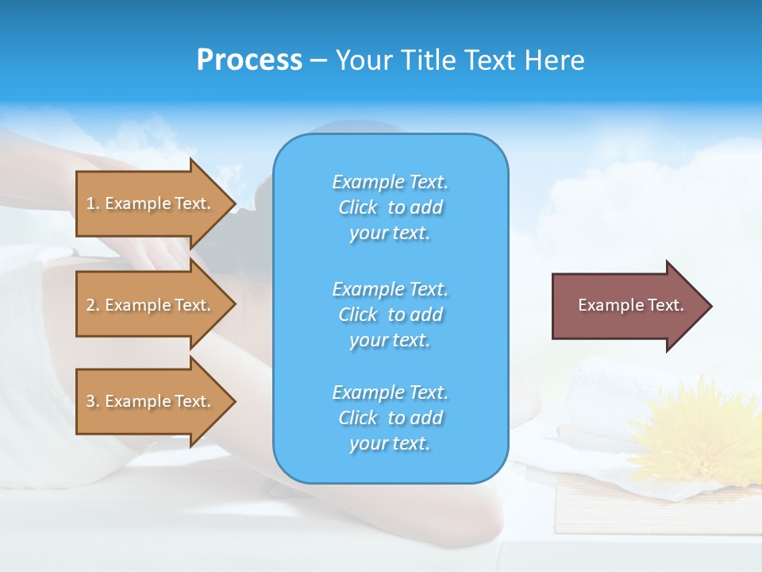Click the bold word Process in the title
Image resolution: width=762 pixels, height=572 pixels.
tap(249, 60)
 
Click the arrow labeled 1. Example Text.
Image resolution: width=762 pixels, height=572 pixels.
tap(151, 203)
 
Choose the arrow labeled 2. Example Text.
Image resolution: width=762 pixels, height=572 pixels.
tap(151, 305)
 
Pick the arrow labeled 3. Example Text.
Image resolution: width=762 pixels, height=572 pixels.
tap(151, 401)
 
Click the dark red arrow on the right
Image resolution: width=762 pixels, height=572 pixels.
tap(627, 305)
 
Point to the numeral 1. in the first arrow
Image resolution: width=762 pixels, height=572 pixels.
tap(92, 203)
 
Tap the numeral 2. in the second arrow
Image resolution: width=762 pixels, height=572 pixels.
tap(92, 305)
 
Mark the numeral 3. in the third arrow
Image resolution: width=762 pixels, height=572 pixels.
tap(92, 401)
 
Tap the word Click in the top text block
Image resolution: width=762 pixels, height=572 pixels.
tap(358, 207)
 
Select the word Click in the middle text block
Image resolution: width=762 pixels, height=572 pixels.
tap(358, 315)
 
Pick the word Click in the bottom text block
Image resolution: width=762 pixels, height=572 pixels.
tap(358, 418)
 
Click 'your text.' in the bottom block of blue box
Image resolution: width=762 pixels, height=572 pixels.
tap(390, 443)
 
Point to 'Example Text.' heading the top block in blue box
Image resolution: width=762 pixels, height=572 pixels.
tap(390, 182)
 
